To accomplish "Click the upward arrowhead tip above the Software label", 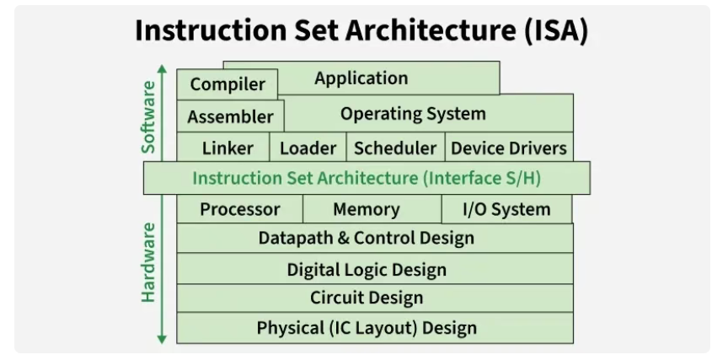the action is click(162, 65).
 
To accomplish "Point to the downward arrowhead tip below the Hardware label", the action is click(162, 344).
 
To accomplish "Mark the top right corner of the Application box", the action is click(500, 62).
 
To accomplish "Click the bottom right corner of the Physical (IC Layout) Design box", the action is click(573, 343).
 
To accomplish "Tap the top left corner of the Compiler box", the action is click(177, 70).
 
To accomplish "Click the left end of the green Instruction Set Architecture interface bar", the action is click(143, 178).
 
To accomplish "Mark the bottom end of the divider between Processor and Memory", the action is click(302, 223).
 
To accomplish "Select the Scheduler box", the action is click(395, 147).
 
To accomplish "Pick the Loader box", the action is click(308, 147).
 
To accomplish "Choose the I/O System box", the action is click(506, 209).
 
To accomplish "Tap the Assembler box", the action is click(230, 116).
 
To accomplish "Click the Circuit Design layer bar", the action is click(375, 298).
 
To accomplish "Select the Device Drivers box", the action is click(509, 147).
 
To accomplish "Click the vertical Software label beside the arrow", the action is click(148, 117).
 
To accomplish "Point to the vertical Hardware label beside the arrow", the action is click(148, 263).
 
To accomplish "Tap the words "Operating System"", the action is click(413, 114).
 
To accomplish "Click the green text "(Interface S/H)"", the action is click(481, 179).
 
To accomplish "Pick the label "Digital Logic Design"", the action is click(367, 270).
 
